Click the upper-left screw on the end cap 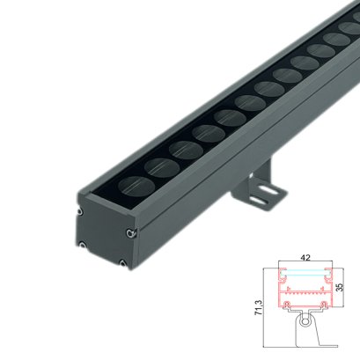[81, 211]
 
